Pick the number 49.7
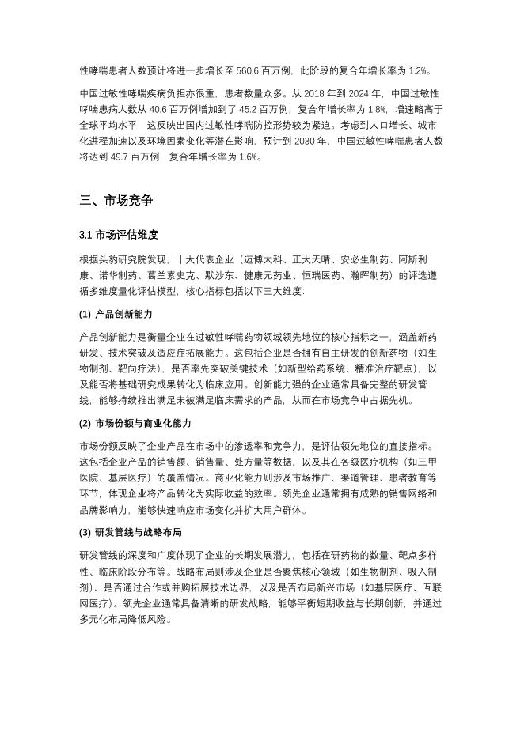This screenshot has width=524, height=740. [127, 157]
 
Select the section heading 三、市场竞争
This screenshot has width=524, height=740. [116, 201]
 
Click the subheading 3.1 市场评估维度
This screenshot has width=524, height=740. [119, 235]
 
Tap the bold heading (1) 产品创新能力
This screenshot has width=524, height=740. [116, 315]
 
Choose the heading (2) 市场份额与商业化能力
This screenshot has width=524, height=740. [135, 424]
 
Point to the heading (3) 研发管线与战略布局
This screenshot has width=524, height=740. [131, 533]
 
